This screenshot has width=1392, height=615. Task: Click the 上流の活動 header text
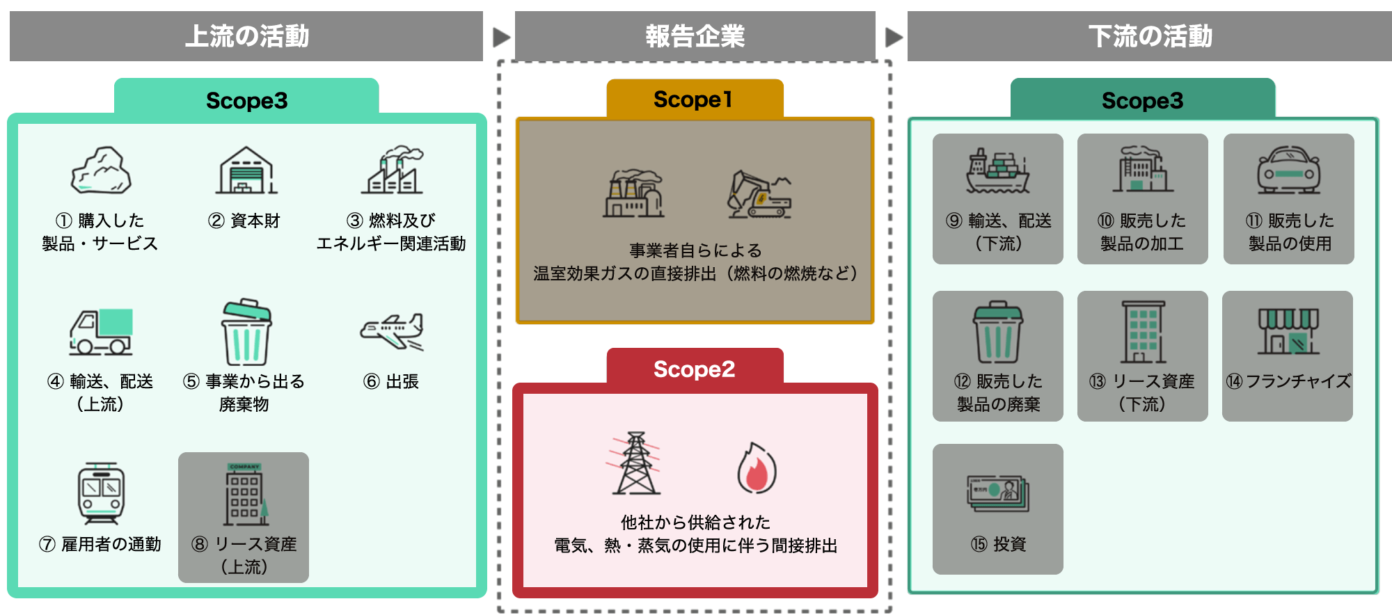[246, 36]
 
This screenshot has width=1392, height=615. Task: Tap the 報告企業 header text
[695, 36]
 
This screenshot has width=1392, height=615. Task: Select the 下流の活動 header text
[1150, 36]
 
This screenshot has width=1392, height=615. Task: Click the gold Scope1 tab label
[693, 99]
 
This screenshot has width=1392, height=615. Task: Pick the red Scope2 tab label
[694, 369]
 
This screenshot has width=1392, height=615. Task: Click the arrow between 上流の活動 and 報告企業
[501, 37]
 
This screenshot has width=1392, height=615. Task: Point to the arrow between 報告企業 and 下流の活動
[894, 37]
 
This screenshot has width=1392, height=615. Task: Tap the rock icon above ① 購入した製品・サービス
[101, 170]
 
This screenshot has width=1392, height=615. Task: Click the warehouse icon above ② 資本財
[246, 170]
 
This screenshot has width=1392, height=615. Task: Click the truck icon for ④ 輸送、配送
[101, 332]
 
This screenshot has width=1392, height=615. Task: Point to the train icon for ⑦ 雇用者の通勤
[101, 493]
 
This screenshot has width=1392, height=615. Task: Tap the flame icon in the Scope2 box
[757, 468]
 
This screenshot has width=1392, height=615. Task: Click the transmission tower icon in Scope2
[635, 463]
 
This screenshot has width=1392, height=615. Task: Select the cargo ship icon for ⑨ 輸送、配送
[997, 170]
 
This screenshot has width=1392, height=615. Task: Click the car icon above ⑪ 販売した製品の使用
[1288, 170]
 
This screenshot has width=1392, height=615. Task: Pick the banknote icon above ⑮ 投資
[997, 493]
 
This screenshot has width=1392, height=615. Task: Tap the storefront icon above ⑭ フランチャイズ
[1288, 331]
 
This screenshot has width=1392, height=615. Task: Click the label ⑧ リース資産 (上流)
[244, 554]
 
